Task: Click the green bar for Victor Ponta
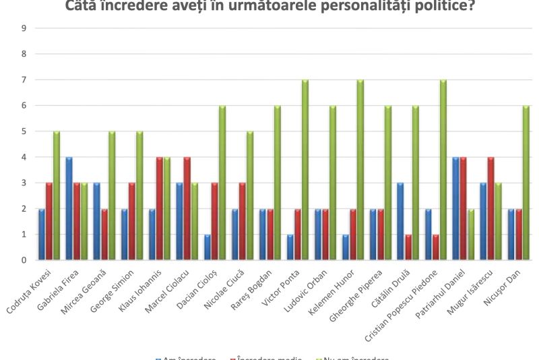305,170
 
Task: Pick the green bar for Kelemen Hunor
360,170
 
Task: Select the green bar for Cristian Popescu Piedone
443,170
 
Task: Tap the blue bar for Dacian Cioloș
206,247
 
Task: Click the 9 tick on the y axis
24,28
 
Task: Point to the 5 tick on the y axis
24,131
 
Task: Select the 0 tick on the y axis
24,260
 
